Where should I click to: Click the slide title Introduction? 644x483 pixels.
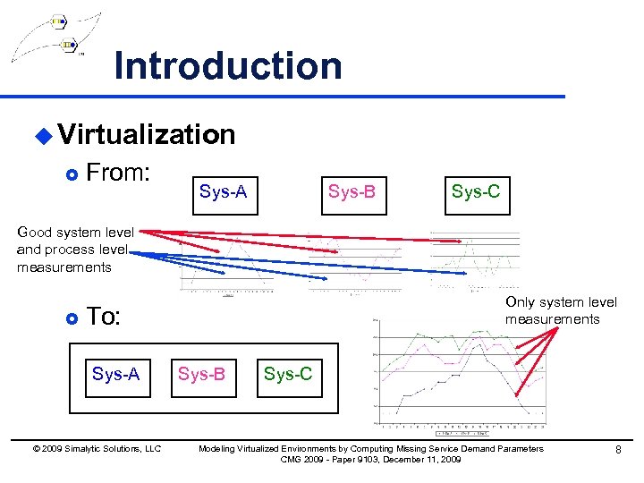[x=228, y=66]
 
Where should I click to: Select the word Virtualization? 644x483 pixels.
[x=147, y=134]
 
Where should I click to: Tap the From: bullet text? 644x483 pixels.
[x=116, y=173]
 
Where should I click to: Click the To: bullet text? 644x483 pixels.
[x=103, y=317]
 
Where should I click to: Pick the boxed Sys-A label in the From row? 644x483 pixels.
[x=223, y=192]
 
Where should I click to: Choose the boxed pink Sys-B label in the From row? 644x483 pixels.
[x=352, y=192]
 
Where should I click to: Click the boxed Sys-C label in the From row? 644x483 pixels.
[x=476, y=192]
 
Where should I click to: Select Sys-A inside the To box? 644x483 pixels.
[x=115, y=374]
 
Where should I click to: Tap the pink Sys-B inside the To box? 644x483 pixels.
[x=201, y=374]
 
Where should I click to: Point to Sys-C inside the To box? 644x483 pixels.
[x=287, y=374]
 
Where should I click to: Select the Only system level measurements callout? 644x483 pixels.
[x=560, y=310]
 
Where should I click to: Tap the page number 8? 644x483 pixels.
[x=617, y=450]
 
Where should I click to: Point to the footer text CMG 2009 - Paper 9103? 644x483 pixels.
[x=370, y=459]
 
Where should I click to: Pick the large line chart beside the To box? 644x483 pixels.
[x=456, y=371]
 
